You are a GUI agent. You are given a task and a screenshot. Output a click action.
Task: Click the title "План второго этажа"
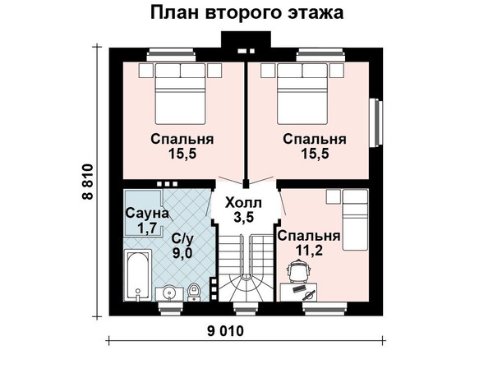click(x=246, y=13)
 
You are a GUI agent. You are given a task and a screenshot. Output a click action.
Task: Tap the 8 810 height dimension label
click(x=88, y=182)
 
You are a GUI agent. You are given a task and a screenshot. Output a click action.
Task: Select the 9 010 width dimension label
click(x=225, y=331)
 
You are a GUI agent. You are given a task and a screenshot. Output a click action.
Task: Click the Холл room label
click(x=243, y=203)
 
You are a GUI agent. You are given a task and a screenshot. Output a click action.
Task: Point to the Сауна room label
click(x=147, y=213)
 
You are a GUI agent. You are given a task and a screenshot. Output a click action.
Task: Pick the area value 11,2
click(x=309, y=251)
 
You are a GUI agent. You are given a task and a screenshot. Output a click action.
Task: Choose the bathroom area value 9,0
click(x=182, y=252)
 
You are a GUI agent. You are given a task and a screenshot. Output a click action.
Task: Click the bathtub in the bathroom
click(x=138, y=275)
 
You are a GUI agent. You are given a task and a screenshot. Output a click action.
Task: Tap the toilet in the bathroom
click(x=194, y=292)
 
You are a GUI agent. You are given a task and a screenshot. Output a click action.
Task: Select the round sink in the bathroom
click(x=169, y=293)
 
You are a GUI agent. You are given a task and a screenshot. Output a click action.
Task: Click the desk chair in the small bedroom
click(x=300, y=270)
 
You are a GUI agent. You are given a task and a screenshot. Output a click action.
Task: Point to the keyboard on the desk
click(x=299, y=288)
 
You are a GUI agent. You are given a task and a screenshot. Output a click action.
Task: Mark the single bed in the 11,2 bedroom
click(x=355, y=219)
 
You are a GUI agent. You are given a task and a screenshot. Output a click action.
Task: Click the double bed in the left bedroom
click(x=180, y=94)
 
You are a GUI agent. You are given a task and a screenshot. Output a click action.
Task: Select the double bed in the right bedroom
click(x=302, y=94)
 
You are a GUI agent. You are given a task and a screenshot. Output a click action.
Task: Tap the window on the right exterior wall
click(x=376, y=122)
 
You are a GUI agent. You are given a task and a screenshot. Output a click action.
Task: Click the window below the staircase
click(x=246, y=308)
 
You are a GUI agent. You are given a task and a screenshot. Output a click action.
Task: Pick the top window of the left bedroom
click(x=171, y=55)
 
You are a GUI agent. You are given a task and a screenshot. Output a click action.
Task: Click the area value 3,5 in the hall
click(x=243, y=217)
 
